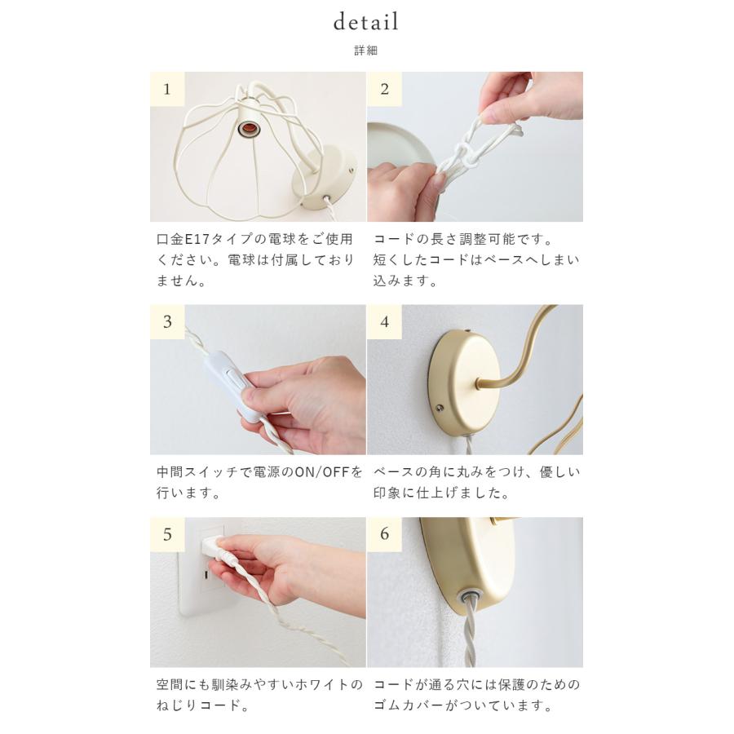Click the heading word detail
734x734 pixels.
tap(366, 22)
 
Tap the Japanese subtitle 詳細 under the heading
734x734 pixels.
tap(366, 51)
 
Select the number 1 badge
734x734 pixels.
tap(167, 89)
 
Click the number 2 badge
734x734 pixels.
tap(384, 89)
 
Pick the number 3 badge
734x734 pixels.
tap(167, 322)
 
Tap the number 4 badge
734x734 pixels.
tap(384, 322)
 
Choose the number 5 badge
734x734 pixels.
tap(167, 535)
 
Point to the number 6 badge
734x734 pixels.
tap(384, 535)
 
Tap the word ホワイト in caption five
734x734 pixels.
tap(315, 684)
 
